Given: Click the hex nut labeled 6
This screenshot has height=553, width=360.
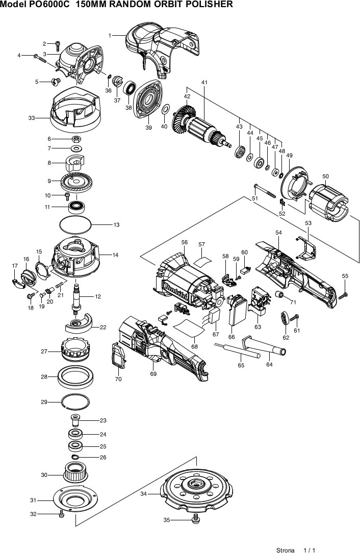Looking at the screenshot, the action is (76, 139).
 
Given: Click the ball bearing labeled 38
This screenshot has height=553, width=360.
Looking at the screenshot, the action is (130, 88).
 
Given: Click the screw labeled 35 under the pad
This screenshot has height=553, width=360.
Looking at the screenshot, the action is (195, 519).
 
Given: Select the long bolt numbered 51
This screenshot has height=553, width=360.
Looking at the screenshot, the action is (265, 191).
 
